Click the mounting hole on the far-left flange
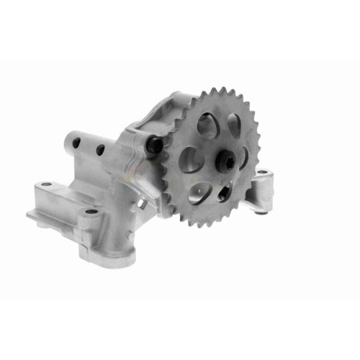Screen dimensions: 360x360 47,186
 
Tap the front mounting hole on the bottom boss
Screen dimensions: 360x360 90,211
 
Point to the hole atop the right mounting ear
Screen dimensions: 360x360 264,172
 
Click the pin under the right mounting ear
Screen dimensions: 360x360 259,210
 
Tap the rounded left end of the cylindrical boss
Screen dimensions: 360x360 68,143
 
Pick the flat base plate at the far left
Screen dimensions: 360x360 40,205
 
